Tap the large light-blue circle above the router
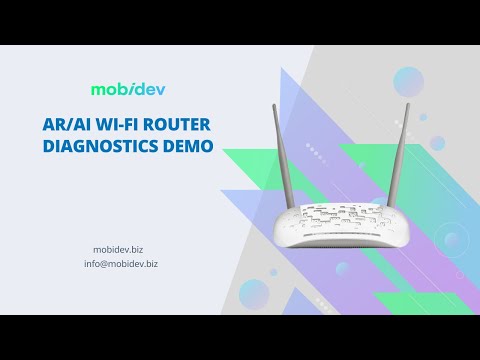click(408, 81)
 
